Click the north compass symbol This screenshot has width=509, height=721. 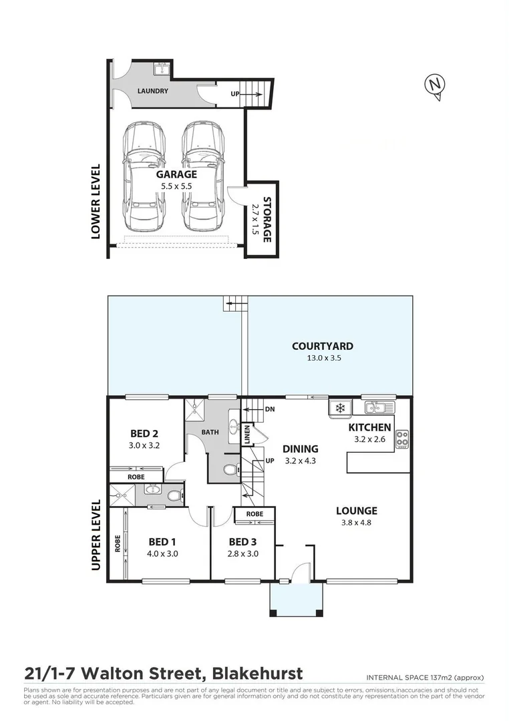coord(435,85)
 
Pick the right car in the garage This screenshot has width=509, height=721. coord(202,176)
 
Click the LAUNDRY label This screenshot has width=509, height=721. coord(152,91)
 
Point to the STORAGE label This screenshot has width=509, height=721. coord(267,219)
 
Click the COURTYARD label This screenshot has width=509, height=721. coord(323,346)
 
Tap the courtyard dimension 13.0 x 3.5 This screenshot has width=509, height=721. coord(323,358)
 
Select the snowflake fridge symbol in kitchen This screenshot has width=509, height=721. coord(339,407)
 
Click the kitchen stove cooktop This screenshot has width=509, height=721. coord(402,439)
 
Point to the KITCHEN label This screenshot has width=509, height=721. coord(370,427)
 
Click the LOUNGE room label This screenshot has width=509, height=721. coord(356,511)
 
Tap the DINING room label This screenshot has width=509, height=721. coord(300,449)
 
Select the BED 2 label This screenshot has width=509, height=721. coord(145,433)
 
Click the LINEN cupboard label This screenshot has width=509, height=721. coord(246,434)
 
